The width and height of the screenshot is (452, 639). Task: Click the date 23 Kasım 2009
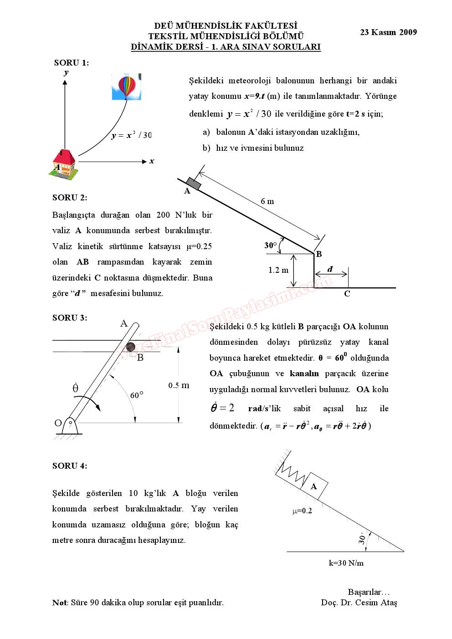coord(388,32)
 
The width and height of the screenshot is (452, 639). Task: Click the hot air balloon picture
coord(127,87)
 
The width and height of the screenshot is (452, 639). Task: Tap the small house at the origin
coord(64,163)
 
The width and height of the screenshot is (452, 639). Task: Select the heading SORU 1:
coord(72,63)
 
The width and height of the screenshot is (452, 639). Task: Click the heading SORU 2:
coord(70,197)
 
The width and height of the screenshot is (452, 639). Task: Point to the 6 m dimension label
coord(267,201)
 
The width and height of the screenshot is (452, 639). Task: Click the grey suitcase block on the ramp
coord(194,184)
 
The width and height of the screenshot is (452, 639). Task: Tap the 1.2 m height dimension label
coord(278,270)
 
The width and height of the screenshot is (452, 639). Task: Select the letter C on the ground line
coord(347,294)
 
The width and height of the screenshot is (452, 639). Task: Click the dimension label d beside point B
coord(330,269)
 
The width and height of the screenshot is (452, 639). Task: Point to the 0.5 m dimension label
coord(179,385)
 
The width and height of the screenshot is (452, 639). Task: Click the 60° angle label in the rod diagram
coord(137,395)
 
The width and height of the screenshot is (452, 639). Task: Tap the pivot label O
coord(58,423)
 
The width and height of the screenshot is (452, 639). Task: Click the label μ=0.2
coord(302,511)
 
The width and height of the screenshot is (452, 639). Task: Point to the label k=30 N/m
coord(346,563)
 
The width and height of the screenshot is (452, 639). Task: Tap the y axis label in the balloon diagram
coord(66,72)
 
